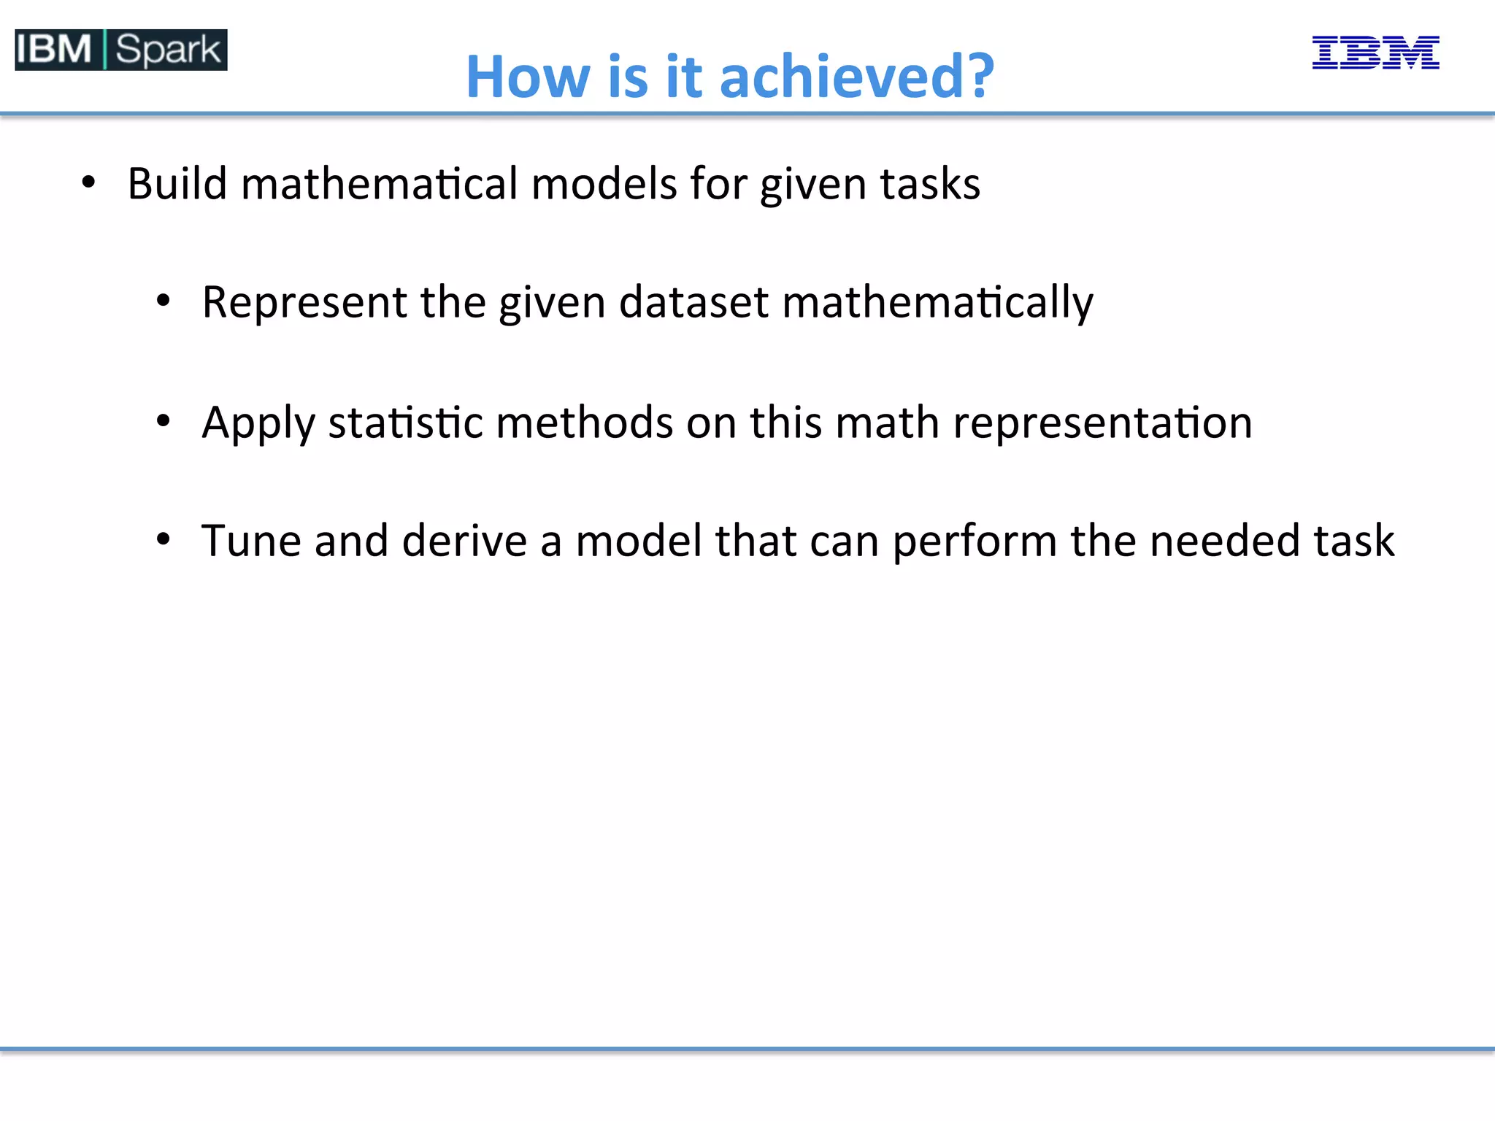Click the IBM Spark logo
click(120, 50)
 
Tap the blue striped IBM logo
click(1375, 53)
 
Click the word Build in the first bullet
click(177, 183)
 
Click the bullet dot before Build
click(88, 182)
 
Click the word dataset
click(693, 302)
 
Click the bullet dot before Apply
click(164, 420)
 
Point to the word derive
click(464, 541)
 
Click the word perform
click(975, 542)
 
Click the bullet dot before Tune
click(164, 539)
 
